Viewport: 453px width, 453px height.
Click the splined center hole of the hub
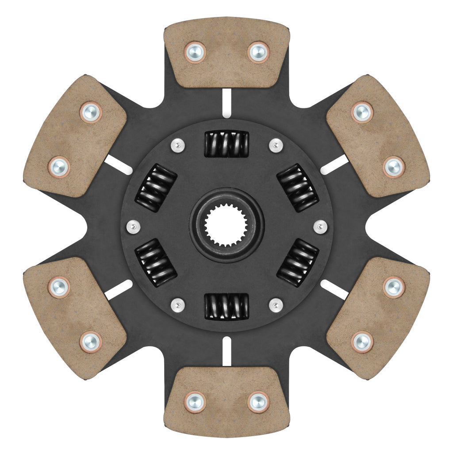click(x=226, y=226)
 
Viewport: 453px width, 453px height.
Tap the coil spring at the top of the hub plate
click(x=226, y=144)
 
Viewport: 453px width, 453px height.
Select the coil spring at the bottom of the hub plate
click(x=226, y=306)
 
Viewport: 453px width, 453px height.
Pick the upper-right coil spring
click(x=298, y=188)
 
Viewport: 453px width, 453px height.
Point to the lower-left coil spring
click(x=156, y=263)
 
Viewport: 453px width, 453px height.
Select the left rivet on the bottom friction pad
click(x=195, y=401)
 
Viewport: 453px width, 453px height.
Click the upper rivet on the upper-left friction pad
click(x=91, y=112)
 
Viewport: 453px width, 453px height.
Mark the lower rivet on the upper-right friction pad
click(x=393, y=167)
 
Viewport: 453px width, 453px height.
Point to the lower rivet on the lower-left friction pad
click(x=91, y=342)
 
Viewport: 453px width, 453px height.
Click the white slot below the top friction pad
click(x=226, y=103)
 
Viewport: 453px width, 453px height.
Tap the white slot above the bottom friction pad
click(x=226, y=351)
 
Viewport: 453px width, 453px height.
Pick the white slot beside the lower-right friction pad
click(x=334, y=289)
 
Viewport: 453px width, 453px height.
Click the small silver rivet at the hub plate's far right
click(x=320, y=226)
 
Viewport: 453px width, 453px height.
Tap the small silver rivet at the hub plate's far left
click(x=133, y=226)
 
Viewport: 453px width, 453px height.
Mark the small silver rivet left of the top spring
click(x=177, y=145)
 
